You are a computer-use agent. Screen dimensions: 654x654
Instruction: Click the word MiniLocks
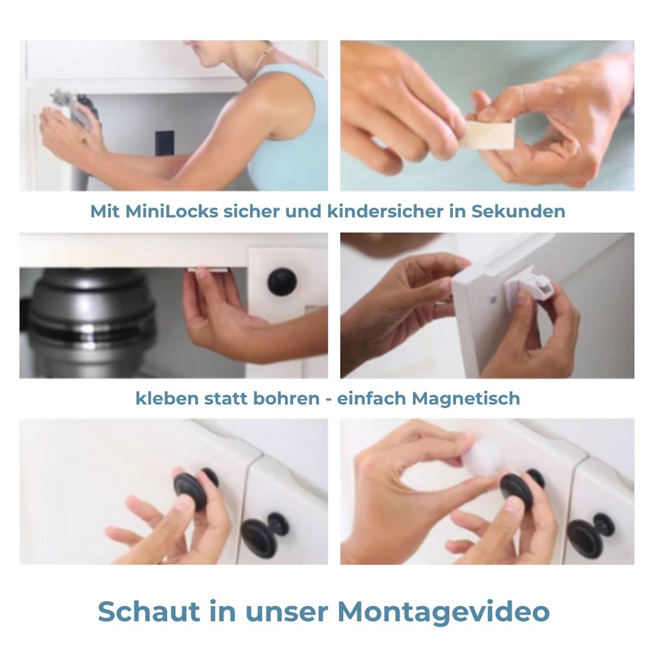point(172,211)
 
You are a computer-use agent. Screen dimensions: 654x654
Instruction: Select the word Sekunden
point(518,211)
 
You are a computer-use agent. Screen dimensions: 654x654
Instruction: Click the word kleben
point(167,398)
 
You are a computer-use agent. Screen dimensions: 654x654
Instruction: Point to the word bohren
point(286,398)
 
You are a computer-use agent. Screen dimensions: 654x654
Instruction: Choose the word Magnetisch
point(466,398)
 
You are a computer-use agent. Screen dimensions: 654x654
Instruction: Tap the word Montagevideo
point(443,612)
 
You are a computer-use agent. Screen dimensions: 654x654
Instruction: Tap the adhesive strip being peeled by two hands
point(488,134)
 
